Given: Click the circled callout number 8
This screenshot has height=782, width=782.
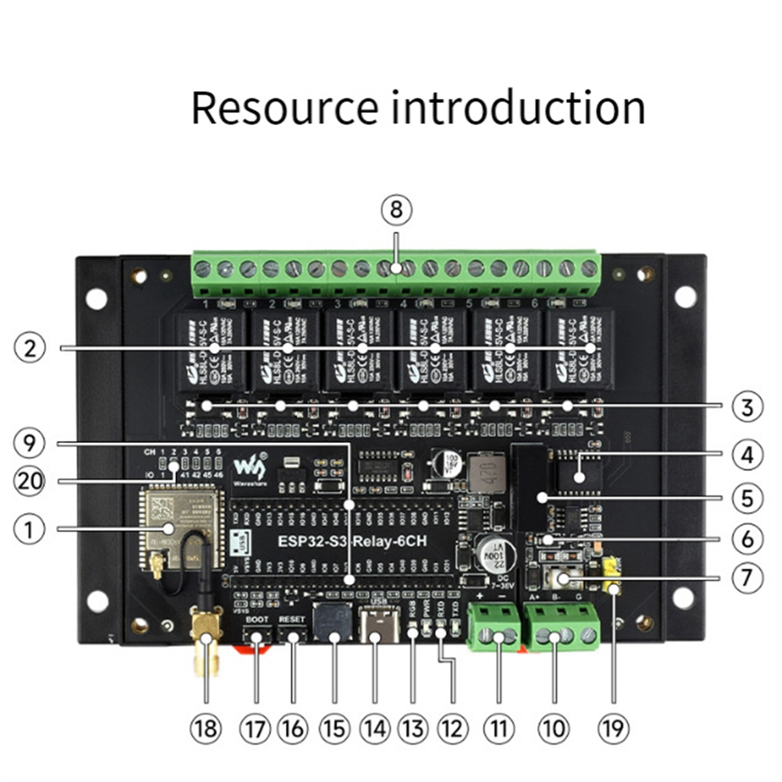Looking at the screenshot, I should point(397,210).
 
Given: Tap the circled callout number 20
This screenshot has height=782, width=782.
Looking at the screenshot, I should point(29,482).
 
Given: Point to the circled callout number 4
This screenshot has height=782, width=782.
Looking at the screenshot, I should point(747,454).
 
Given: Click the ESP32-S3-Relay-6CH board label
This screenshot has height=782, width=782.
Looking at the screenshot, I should point(353,541).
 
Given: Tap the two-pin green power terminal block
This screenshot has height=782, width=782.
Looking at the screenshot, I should point(495,628).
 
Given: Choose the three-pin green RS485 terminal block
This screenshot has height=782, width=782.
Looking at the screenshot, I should point(560,628).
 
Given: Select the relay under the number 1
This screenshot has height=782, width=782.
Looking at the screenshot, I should point(209,350).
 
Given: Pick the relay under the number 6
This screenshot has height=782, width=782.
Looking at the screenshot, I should point(579,350).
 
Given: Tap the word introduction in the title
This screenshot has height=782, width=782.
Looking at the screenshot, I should point(519,108).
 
